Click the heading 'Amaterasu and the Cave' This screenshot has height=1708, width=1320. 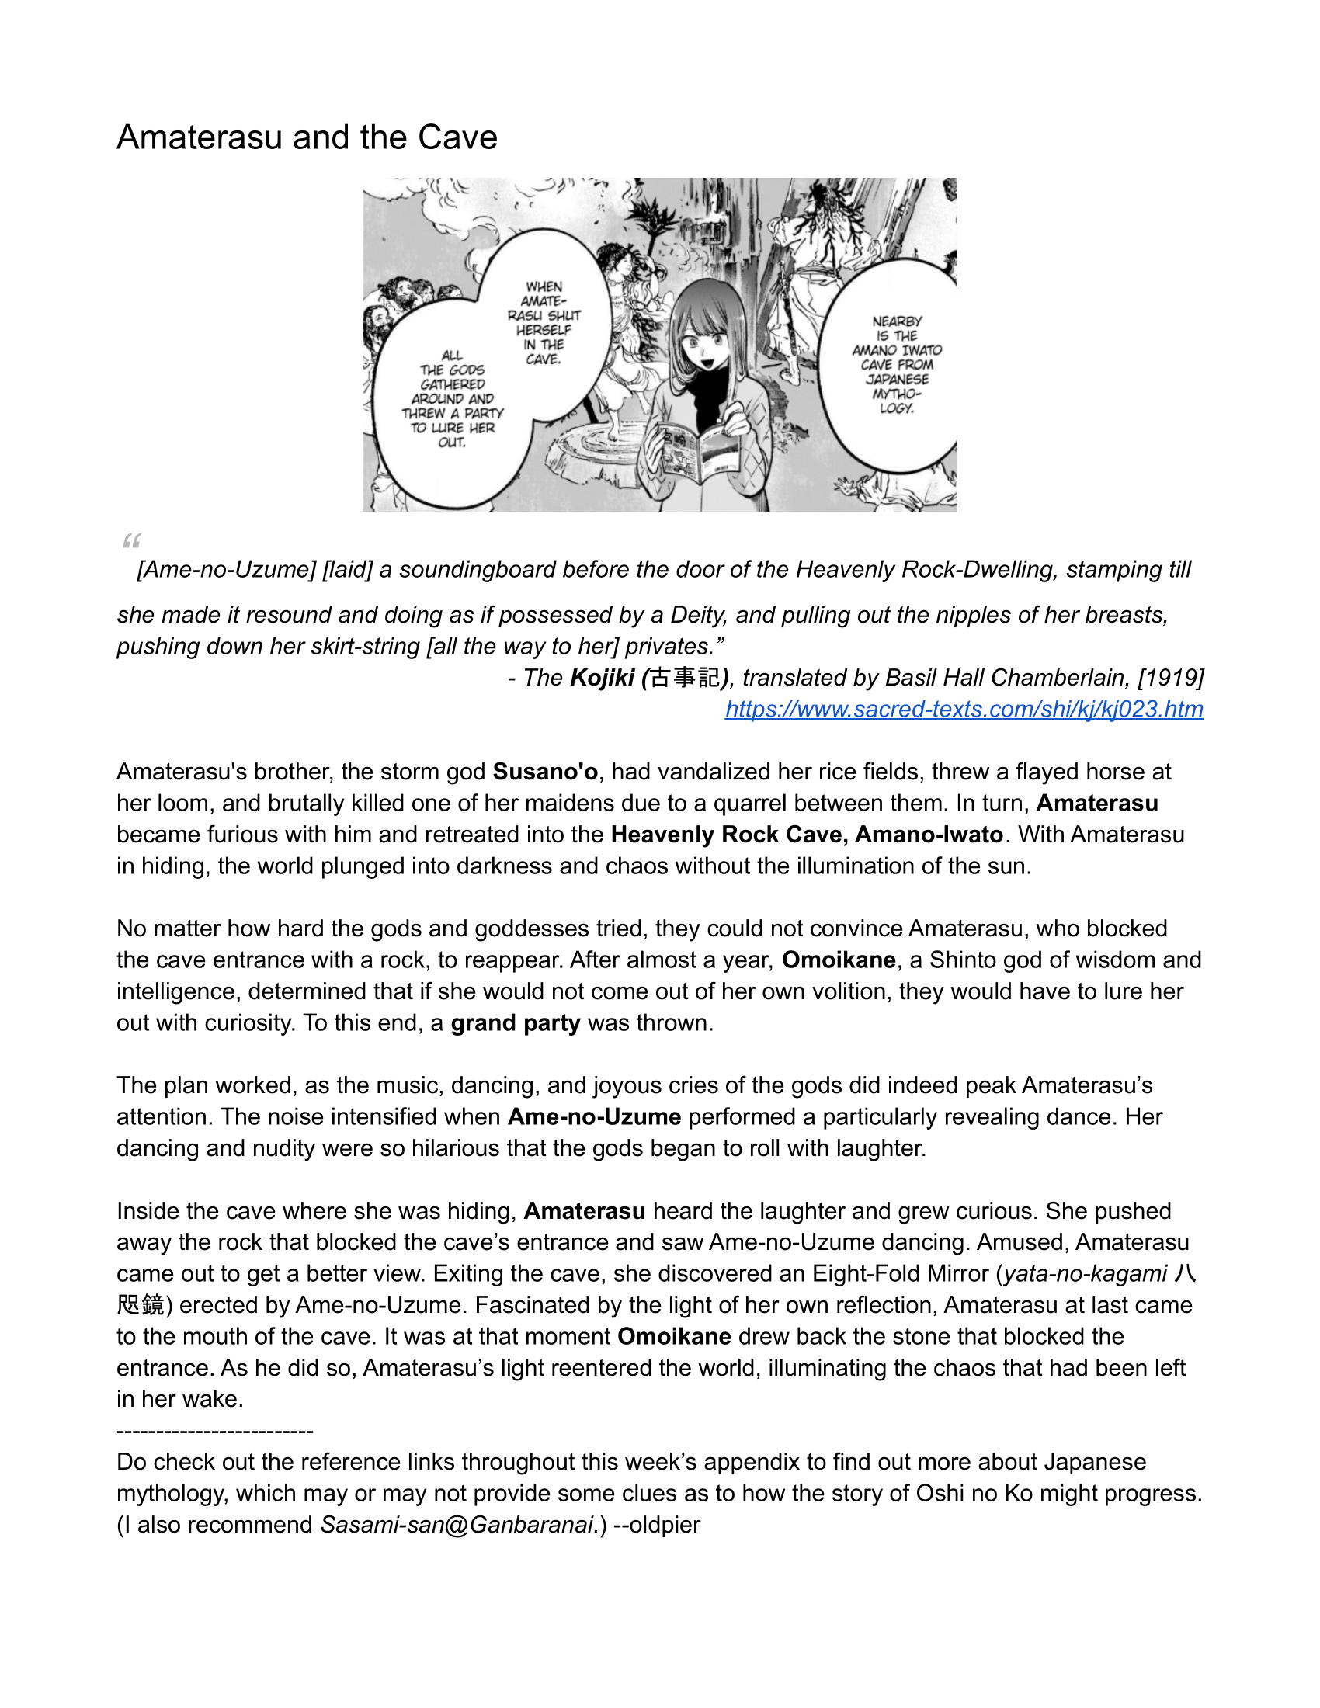tap(307, 137)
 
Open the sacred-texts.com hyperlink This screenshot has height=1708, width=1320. tap(964, 710)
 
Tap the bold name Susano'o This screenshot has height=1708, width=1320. tap(545, 772)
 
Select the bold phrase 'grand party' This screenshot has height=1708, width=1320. tap(516, 1023)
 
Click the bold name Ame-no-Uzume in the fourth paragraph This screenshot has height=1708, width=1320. tap(594, 1116)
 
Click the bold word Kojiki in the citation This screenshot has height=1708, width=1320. tap(602, 678)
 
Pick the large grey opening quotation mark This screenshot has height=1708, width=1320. tap(130, 540)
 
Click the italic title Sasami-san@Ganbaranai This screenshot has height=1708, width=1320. tap(457, 1525)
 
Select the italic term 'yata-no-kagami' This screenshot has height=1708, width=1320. tap(1086, 1274)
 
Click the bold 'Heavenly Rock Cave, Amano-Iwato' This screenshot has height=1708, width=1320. tap(806, 835)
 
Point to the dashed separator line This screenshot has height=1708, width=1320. tap(215, 1431)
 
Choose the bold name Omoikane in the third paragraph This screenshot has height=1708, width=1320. tap(839, 960)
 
